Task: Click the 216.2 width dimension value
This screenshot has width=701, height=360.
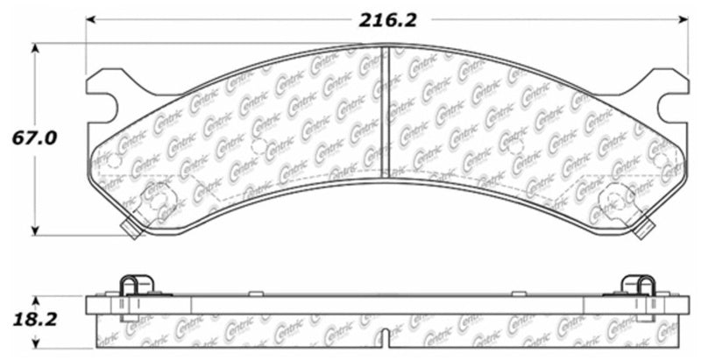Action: pyautogui.click(x=386, y=19)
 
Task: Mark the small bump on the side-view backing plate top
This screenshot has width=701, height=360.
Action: pyautogui.click(x=252, y=293)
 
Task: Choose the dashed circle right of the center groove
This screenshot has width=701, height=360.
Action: pyautogui.click(x=517, y=145)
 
